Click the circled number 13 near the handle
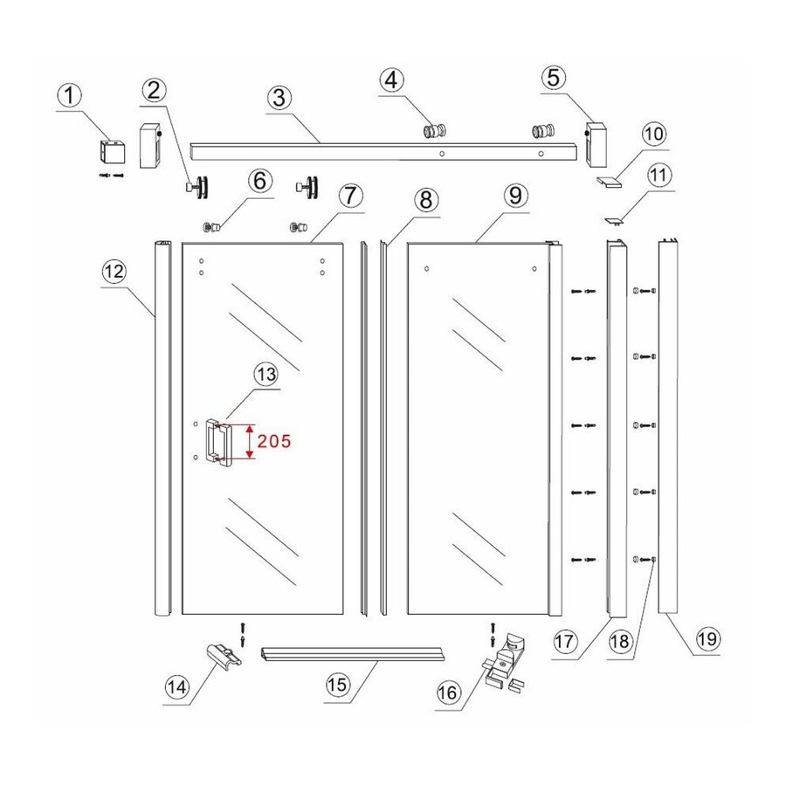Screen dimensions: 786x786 tap(265, 375)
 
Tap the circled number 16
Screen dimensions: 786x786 tap(447, 693)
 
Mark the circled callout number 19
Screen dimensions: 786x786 tap(707, 638)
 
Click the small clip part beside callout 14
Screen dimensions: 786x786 tap(223, 652)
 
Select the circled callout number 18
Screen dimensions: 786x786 tap(619, 642)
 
